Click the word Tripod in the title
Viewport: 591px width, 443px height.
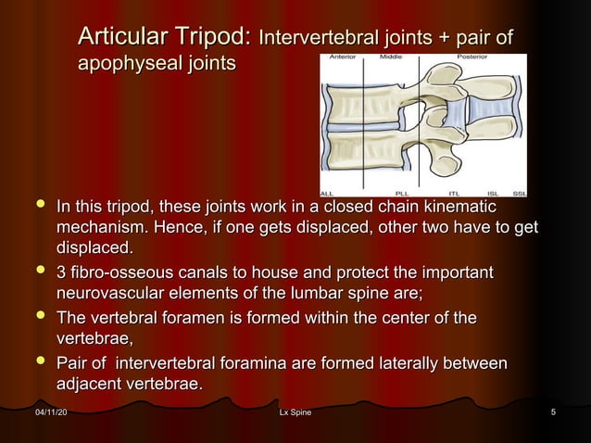pyautogui.click(x=211, y=38)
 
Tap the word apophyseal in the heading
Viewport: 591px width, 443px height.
pyautogui.click(x=119, y=64)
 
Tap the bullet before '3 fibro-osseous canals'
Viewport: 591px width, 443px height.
pyautogui.click(x=36, y=273)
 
